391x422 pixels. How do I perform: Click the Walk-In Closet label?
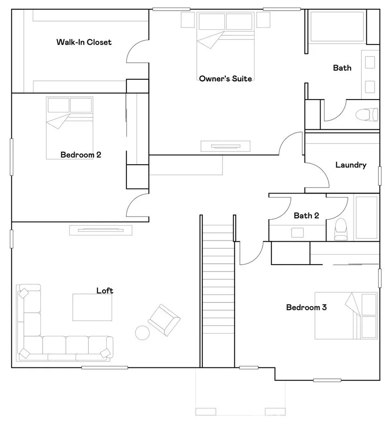(x=84, y=42)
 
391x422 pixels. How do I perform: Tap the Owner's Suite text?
(x=225, y=79)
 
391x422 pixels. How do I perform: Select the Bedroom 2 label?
(x=81, y=155)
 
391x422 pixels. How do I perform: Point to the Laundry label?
(x=351, y=165)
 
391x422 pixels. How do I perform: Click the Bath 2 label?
(x=306, y=216)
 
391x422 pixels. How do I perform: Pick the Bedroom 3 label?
(x=306, y=307)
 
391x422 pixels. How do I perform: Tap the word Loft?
(x=105, y=290)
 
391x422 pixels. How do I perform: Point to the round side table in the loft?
(x=142, y=332)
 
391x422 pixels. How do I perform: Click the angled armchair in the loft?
(x=163, y=319)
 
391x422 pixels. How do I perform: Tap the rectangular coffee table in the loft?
(x=92, y=307)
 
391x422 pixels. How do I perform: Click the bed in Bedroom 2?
(x=70, y=128)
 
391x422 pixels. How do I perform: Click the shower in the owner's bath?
(x=337, y=27)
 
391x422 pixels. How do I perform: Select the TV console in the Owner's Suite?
(x=226, y=146)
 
